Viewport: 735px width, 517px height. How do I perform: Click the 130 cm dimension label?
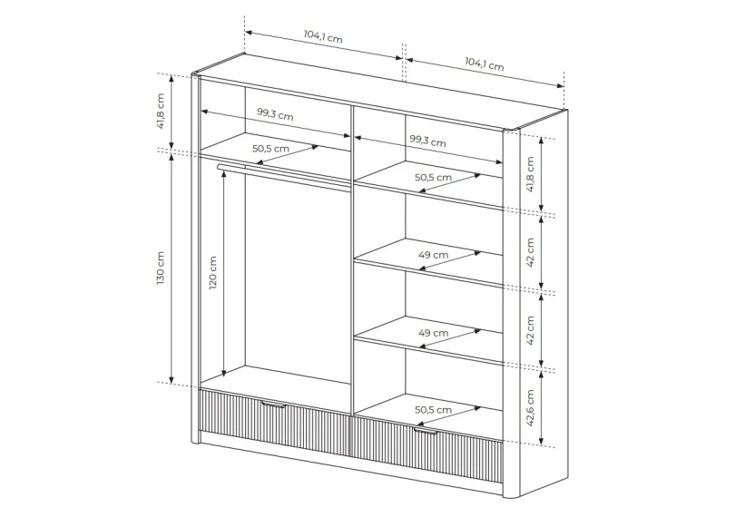161,268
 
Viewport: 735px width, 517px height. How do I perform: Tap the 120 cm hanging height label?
213,273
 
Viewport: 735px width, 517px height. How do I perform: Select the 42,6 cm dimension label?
530,408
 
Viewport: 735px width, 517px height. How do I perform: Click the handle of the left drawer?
273,404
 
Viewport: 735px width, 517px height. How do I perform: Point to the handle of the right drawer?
426,431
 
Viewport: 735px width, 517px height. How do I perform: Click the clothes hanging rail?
285,174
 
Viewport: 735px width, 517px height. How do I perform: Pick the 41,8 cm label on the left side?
161,111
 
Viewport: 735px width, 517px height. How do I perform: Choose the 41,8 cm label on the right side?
530,174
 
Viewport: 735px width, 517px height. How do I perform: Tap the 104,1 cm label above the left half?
323,36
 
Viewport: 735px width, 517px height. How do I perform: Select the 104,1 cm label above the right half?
485,63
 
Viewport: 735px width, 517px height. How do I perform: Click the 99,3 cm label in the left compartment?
275,114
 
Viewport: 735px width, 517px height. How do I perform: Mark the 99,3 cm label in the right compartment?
427,141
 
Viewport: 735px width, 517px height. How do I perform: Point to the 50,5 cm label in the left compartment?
270,149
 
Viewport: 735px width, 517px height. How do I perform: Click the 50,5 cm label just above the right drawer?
433,410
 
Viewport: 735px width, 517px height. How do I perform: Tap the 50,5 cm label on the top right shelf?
433,178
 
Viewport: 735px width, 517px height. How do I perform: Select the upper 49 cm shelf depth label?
433,255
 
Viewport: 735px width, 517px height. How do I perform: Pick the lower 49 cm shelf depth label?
433,333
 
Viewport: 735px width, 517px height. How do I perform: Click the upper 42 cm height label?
530,252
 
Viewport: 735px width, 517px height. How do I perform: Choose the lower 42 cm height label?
530,330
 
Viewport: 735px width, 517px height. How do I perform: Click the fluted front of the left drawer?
275,422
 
